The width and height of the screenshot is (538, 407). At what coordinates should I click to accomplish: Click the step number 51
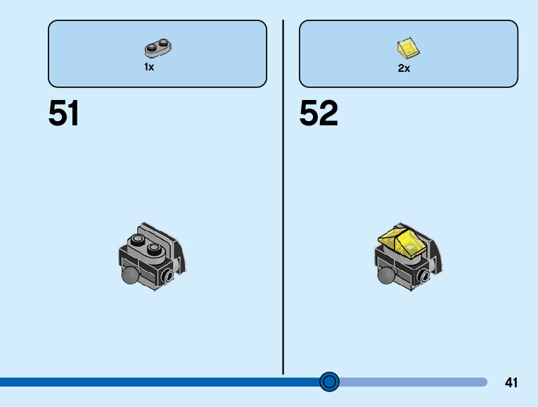[x=63, y=113]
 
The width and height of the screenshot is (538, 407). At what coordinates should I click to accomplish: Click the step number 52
[x=319, y=113]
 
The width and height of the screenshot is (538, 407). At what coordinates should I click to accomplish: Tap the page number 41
[x=511, y=383]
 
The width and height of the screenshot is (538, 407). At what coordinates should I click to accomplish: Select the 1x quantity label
[x=149, y=68]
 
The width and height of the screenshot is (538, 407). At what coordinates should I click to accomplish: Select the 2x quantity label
[x=404, y=68]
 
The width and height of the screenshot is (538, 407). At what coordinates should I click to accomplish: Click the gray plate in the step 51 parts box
[x=159, y=49]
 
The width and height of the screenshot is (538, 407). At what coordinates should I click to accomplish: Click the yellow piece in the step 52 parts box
[x=408, y=49]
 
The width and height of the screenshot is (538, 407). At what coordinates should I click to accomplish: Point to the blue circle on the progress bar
[x=329, y=382]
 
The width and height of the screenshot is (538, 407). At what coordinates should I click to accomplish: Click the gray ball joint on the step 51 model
[x=130, y=275]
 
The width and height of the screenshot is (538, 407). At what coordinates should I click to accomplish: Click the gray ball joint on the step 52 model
[x=386, y=275]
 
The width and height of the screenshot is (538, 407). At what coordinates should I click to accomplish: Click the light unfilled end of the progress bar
[x=422, y=382]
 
